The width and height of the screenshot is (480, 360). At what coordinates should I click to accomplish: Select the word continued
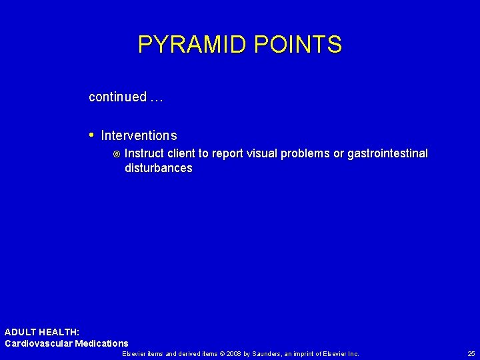[x=117, y=97]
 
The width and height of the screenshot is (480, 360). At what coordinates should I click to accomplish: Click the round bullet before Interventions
[x=91, y=135]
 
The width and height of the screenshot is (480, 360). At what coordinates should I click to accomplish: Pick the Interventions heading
[x=139, y=136]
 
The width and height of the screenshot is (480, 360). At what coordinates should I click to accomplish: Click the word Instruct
[x=145, y=154]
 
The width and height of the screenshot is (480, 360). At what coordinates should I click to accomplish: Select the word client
[x=185, y=154]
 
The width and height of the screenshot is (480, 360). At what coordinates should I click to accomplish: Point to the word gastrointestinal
[x=387, y=154]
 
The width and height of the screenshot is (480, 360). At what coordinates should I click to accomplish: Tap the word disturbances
[x=158, y=169]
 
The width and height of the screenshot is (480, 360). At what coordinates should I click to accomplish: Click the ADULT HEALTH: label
[x=42, y=332]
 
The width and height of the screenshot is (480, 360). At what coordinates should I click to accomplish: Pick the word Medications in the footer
[x=102, y=343]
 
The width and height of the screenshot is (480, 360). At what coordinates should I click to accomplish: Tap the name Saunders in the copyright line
[x=271, y=353]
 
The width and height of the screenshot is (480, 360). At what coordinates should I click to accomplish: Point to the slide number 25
[x=471, y=353]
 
